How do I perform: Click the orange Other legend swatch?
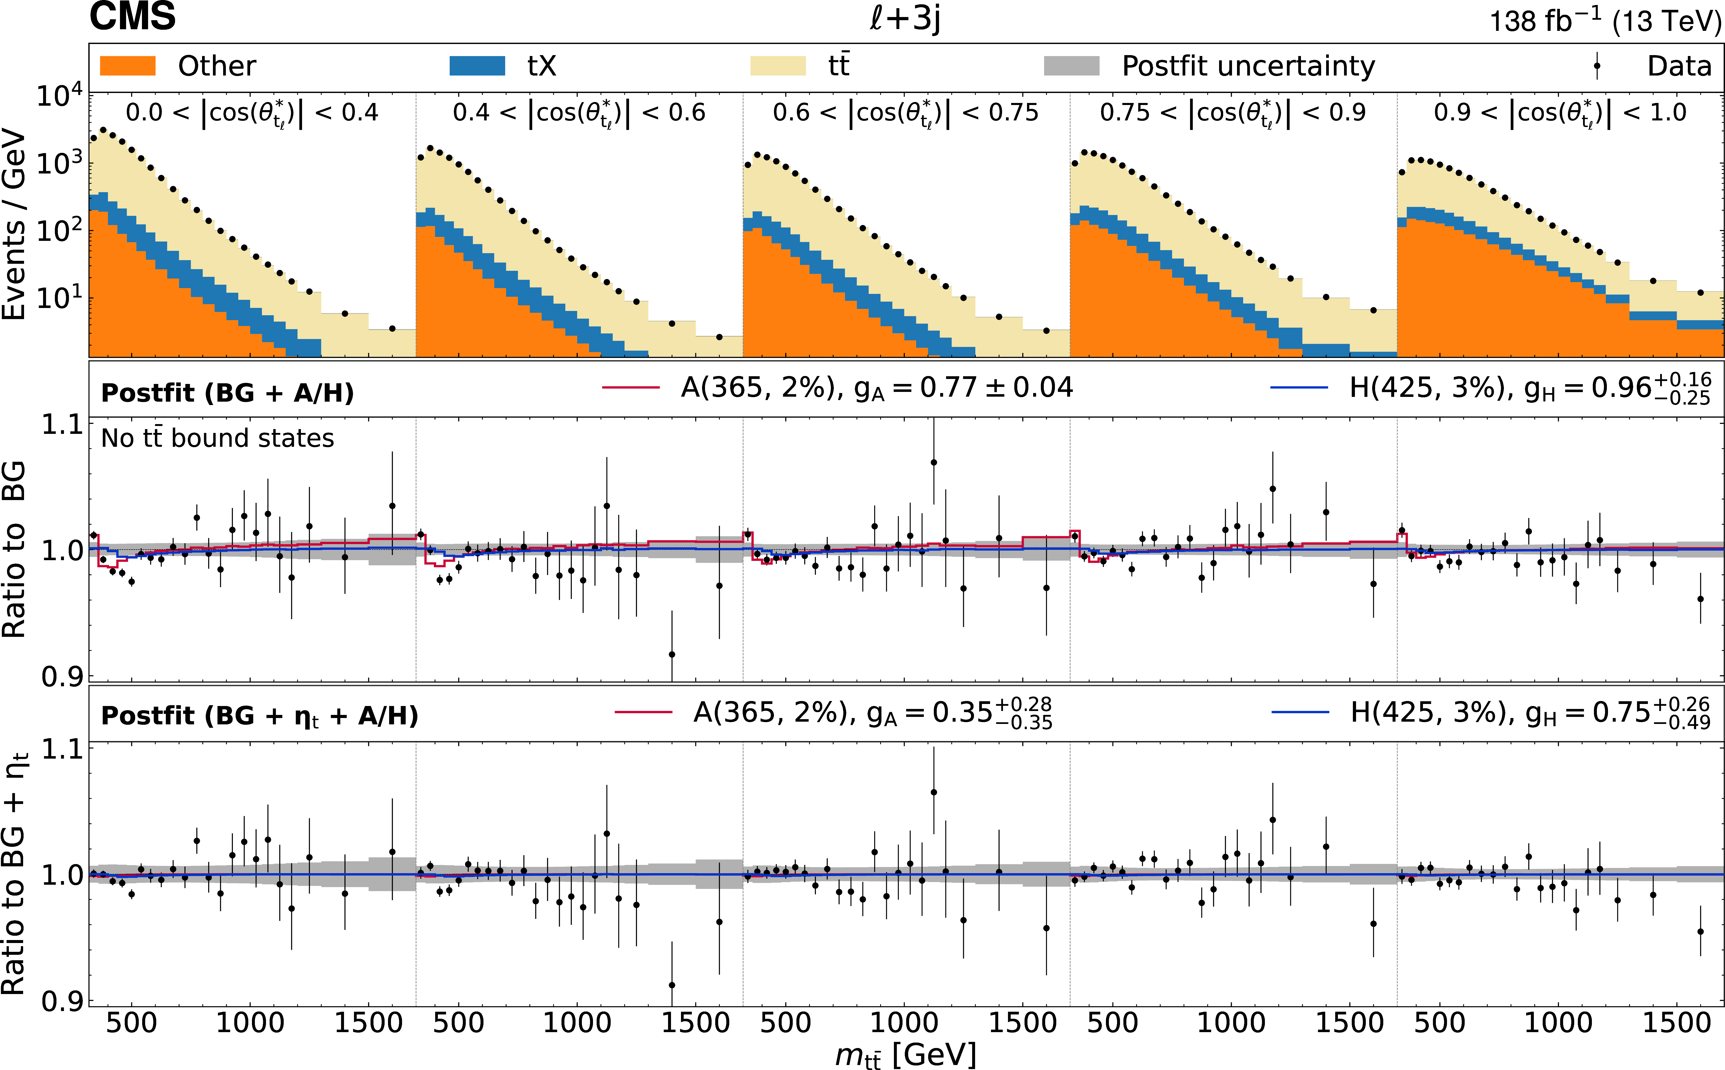click(x=127, y=66)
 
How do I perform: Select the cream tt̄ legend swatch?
click(x=778, y=66)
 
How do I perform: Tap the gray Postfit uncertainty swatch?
click(x=1071, y=66)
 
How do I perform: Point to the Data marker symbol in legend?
click(x=1597, y=66)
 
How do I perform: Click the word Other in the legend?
click(x=217, y=66)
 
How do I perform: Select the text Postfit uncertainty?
click(x=1248, y=66)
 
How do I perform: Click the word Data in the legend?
click(x=1679, y=66)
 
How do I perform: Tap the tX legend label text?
click(x=542, y=66)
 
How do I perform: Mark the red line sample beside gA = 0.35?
click(x=643, y=712)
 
